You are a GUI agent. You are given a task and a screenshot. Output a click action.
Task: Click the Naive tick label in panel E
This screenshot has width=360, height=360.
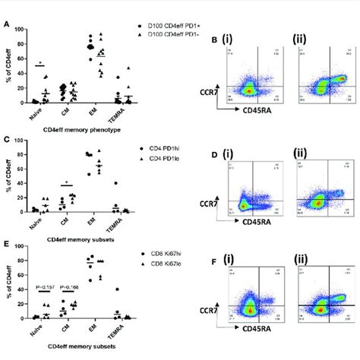point(35,328)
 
